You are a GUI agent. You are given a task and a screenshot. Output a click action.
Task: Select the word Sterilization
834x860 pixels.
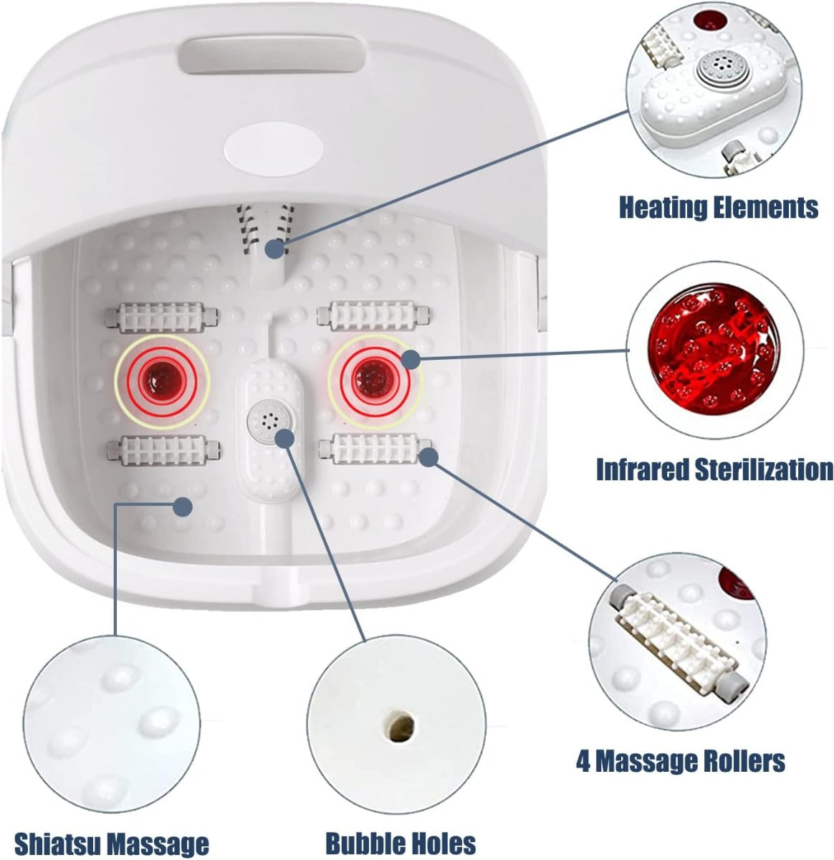tap(764, 469)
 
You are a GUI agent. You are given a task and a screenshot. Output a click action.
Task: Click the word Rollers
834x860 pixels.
tap(742, 760)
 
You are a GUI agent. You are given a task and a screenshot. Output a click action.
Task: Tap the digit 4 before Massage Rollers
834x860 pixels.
tap(583, 760)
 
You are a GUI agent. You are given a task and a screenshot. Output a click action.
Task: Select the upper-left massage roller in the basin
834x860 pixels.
tap(161, 317)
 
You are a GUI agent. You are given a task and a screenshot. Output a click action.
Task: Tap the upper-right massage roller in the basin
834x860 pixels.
tap(373, 315)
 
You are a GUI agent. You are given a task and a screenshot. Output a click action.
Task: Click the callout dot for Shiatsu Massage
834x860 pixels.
tap(183, 507)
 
